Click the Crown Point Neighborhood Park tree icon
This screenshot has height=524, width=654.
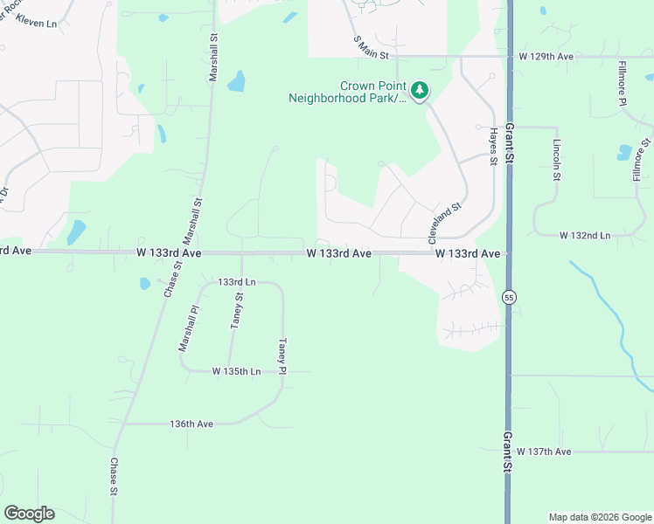tap(421, 90)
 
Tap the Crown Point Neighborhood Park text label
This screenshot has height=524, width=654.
tap(348, 93)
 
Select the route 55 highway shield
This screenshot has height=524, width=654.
tap(509, 298)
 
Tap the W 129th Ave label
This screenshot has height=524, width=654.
tap(546, 57)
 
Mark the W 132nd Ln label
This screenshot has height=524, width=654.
tap(585, 236)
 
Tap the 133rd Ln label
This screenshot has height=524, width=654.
tap(237, 282)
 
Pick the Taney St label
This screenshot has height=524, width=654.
tap(237, 311)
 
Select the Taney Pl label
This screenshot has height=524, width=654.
tap(282, 357)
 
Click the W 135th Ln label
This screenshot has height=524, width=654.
tap(236, 371)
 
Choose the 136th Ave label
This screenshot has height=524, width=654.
tap(191, 424)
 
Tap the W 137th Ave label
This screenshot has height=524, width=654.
tap(543, 452)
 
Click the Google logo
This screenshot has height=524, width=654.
tap(29, 514)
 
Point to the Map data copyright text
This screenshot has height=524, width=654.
tap(599, 517)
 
